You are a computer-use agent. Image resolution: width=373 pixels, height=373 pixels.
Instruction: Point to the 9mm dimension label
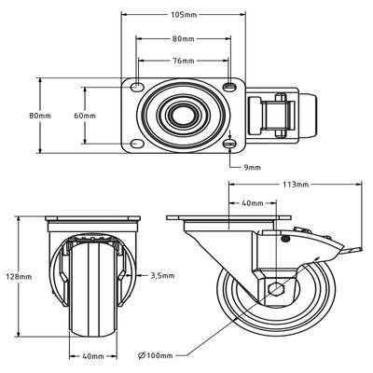point(250,169)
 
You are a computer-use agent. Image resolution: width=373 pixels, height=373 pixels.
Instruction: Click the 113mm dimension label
point(296,186)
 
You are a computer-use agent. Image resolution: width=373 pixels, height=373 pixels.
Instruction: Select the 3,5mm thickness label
point(162,276)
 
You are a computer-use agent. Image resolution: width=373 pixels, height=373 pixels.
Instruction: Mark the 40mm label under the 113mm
point(252,203)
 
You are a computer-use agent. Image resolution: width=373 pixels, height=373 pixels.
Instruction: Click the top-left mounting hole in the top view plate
point(138,87)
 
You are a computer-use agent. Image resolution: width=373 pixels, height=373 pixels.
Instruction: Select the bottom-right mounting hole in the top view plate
point(229,144)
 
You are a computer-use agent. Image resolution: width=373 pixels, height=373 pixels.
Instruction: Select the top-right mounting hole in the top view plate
point(229,87)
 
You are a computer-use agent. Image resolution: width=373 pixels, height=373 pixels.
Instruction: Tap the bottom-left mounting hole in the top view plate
point(138,144)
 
